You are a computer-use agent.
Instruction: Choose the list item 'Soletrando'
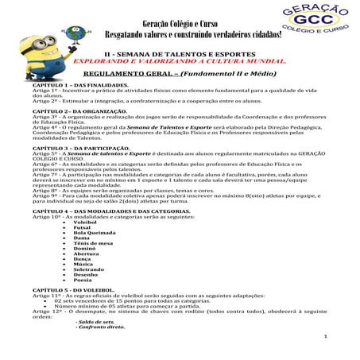88,271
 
